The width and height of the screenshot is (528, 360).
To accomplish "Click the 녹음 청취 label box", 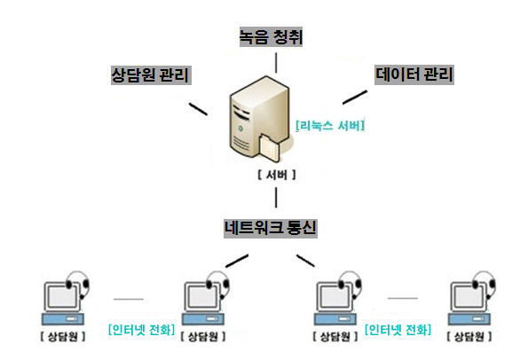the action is point(271,37).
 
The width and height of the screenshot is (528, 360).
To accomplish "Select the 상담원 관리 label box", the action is point(151,75).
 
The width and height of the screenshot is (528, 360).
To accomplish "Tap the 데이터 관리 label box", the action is point(414,74).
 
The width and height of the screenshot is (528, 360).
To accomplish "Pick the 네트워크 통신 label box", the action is point(271,228).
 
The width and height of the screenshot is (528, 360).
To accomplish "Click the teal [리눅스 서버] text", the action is point(330,126).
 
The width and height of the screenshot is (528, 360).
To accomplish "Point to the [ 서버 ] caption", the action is point(277,175).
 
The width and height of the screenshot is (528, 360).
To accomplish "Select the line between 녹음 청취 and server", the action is point(276,63).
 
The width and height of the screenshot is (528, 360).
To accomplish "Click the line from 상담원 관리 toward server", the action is point(198,109).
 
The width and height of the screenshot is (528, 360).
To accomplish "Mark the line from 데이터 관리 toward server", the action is point(355,98).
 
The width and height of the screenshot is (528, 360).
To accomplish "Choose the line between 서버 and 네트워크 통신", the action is point(276,198).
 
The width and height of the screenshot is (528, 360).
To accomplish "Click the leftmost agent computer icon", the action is point(66,299).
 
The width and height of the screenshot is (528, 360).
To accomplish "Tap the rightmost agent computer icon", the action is point(472,299).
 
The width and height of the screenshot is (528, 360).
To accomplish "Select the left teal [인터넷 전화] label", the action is point(141,330).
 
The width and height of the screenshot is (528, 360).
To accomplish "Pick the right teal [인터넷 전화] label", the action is point(398,330).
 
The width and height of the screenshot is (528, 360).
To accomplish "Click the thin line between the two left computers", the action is point(129,299).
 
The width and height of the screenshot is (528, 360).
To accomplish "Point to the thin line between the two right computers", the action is point(402,298).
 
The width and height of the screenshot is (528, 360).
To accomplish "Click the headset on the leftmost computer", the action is point(79,282).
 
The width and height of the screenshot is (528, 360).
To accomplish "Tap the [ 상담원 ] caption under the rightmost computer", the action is point(469,336).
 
